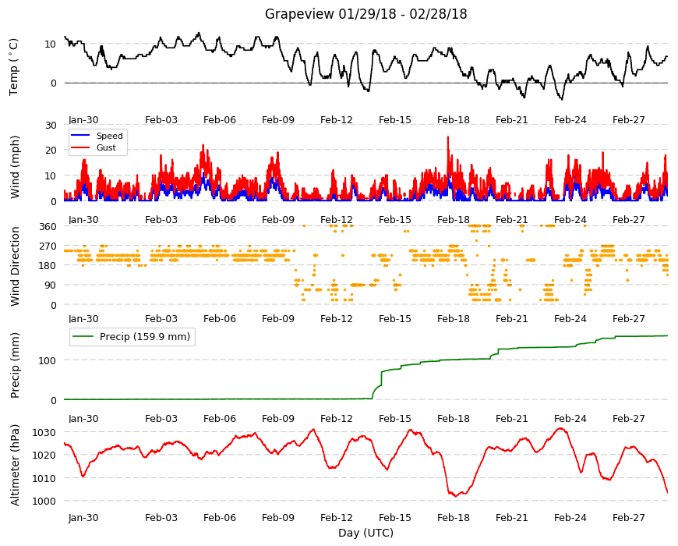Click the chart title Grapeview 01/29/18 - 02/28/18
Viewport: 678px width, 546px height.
tap(365, 14)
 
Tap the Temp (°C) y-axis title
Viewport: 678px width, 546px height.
tap(14, 67)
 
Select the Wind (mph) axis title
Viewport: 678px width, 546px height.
tap(15, 167)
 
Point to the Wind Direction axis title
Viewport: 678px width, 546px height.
tap(15, 266)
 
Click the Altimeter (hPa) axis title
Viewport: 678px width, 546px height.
tap(15, 465)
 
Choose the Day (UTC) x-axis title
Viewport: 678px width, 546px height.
tap(365, 533)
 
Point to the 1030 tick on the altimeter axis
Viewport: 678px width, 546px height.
tap(44, 433)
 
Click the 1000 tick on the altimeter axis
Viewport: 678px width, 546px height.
tap(44, 501)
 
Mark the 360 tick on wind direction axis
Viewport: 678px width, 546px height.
tap(48, 226)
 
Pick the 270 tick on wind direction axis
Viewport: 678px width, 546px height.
tap(48, 246)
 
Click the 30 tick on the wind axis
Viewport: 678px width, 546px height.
tap(51, 125)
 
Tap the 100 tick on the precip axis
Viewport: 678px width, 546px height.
tap(48, 360)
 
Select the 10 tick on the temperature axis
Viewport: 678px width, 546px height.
tap(50, 44)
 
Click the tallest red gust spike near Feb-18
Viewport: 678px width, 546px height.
tap(448, 137)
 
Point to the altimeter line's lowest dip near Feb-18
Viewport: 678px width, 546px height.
tap(455, 496)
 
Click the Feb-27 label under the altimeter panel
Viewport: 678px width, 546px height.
tap(628, 517)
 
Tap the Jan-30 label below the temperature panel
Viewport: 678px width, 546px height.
tap(83, 120)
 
